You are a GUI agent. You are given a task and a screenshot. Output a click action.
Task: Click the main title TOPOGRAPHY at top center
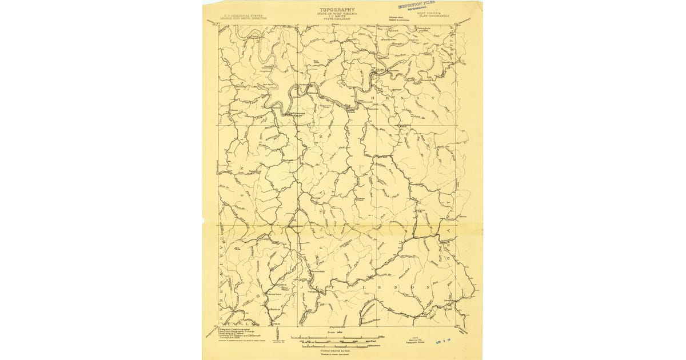coord(337,10)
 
